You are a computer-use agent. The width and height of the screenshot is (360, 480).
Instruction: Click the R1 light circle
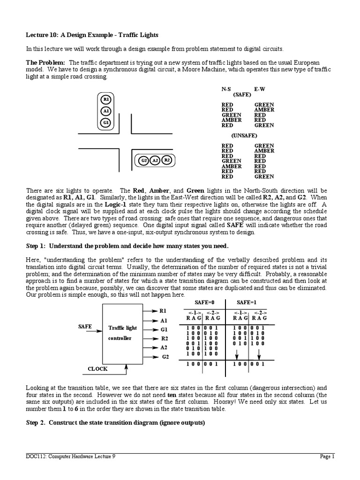point(106,99)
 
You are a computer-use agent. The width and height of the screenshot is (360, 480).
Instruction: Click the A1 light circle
point(106,111)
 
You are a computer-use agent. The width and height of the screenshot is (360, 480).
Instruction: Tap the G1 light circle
point(106,123)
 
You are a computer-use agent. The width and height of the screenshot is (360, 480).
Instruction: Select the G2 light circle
point(144,161)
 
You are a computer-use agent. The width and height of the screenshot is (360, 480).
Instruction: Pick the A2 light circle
point(156,161)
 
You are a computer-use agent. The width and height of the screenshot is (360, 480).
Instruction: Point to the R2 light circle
point(167,161)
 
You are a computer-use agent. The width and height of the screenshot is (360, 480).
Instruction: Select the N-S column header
point(227,88)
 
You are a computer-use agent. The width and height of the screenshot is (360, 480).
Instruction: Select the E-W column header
point(260,88)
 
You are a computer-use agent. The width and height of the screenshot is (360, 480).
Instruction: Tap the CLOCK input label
point(98,369)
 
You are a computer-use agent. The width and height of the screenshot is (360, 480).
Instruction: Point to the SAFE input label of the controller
point(85,326)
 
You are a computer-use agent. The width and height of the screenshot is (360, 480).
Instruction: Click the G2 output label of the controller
point(165,357)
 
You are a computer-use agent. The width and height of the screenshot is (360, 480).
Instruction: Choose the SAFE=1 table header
point(246,303)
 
